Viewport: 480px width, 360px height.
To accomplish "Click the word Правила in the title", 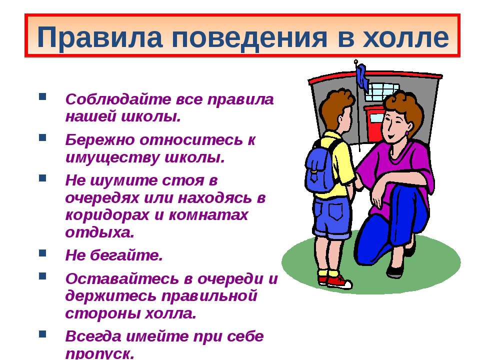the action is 99,38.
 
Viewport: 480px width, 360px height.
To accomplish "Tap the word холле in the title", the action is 405,37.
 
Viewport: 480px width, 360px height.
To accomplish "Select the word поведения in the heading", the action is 249,38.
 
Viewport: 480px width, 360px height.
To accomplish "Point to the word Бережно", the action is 100,139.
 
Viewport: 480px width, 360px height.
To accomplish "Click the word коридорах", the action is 107,215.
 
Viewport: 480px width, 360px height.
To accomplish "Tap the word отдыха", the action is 100,232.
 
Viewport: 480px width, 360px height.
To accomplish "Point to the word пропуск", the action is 100,354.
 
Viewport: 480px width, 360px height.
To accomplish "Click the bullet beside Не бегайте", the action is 42,253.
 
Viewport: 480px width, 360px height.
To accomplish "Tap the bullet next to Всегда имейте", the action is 42,334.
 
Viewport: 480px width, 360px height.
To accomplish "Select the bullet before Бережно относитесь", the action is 42,137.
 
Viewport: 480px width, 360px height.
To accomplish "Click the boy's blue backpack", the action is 320,168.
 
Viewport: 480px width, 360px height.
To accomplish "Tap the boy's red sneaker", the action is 339,282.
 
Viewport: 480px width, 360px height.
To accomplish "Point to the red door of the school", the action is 373,123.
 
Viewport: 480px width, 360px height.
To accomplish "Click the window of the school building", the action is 382,92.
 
